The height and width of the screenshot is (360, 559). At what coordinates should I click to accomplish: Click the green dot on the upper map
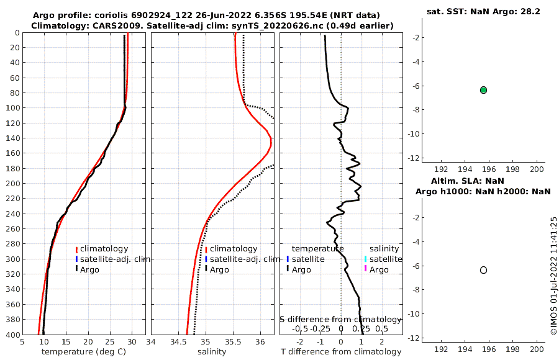click(483, 90)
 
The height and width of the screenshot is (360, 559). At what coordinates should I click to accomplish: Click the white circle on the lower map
click(483, 270)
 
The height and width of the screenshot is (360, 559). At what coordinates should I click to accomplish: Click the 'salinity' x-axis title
click(212, 352)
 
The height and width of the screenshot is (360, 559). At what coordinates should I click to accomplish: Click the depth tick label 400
click(12, 335)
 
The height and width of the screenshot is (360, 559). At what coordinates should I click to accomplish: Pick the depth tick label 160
click(12, 153)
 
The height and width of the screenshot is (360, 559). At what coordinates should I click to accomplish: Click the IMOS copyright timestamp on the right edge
click(553, 276)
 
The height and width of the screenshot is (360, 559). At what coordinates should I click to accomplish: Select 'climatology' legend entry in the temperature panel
click(104, 249)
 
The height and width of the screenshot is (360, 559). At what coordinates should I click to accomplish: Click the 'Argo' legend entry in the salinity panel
click(219, 269)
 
